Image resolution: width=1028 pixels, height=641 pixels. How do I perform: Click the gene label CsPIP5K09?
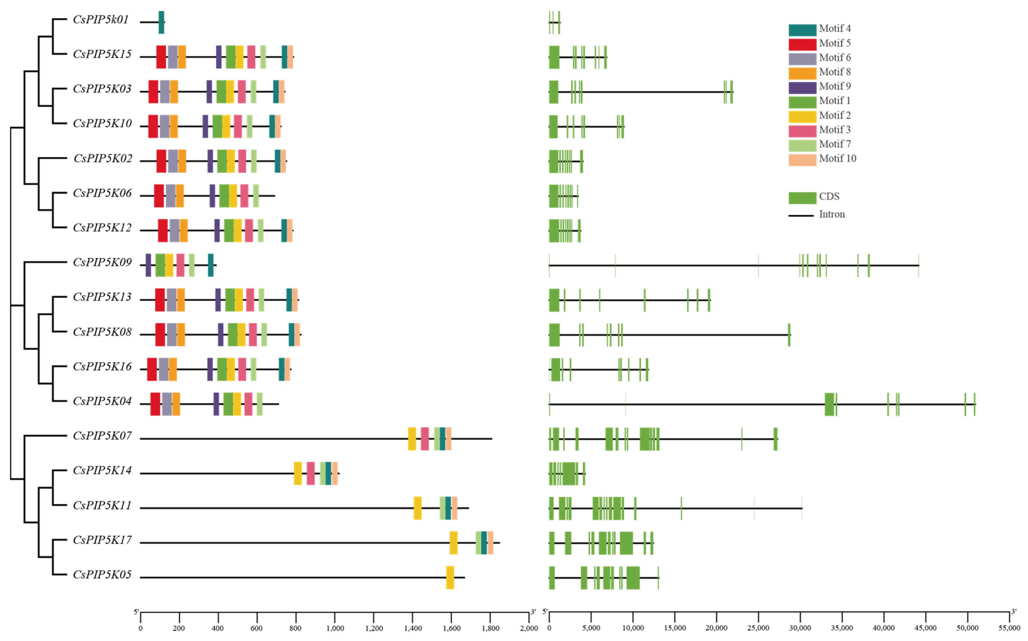[102, 263]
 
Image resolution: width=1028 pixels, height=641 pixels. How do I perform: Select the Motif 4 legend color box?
[802, 30]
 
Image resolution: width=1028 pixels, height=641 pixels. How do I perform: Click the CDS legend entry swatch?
[802, 198]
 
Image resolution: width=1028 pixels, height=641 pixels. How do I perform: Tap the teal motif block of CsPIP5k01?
[161, 22]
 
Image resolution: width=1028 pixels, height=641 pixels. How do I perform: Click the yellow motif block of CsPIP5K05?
[450, 577]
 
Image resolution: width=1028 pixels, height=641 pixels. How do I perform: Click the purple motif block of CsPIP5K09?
[148, 265]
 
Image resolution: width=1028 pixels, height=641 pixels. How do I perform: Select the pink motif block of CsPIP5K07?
[425, 439]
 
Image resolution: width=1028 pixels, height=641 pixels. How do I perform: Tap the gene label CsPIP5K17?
[102, 540]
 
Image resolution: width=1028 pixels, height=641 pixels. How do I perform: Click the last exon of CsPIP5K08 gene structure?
[789, 335]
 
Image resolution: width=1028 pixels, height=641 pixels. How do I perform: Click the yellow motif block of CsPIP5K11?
[417, 508]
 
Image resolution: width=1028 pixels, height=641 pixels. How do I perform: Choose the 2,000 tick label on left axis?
[529, 628]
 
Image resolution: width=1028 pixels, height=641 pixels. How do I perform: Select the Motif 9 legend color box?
[802, 88]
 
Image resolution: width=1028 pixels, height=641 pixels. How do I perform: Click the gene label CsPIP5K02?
[103, 159]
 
